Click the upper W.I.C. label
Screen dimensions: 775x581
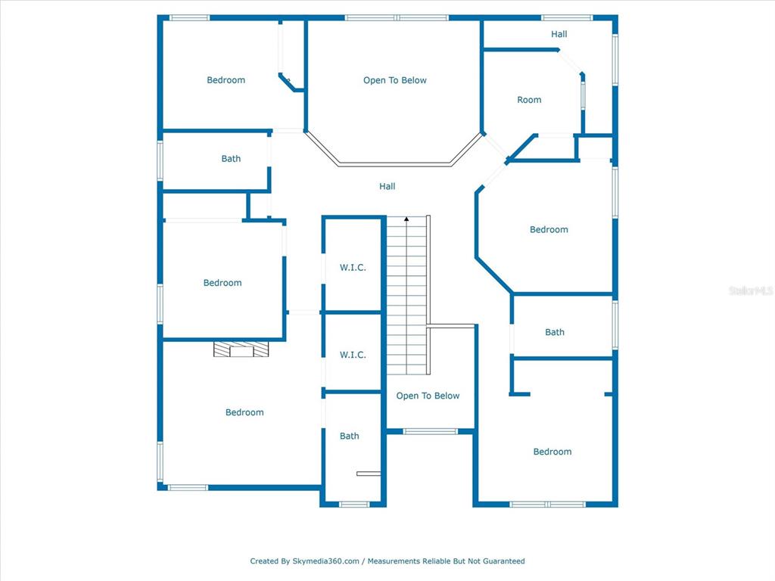coord(353,267)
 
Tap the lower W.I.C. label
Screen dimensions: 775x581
coord(353,355)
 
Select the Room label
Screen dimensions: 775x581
coord(529,100)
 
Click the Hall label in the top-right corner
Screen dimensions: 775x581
coord(559,34)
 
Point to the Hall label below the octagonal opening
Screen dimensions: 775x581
coord(387,186)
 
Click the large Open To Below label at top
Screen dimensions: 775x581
coord(394,80)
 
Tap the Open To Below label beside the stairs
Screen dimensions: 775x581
coord(428,396)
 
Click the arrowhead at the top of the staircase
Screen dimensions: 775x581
coord(406,219)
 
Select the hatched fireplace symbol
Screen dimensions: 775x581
coord(241,349)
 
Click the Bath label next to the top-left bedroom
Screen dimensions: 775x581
coord(231,159)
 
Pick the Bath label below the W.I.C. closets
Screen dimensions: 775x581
coord(350,436)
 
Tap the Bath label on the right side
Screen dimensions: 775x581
coord(555,332)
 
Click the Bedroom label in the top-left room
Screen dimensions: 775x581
coord(226,80)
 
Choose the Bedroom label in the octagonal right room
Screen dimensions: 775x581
coord(549,229)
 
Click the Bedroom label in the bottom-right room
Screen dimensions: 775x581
coord(552,452)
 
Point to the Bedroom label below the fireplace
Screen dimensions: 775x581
coord(244,412)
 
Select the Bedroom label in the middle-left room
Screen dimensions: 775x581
coord(223,283)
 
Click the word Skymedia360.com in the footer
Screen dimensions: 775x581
coord(325,561)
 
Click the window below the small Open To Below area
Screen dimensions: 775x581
coord(430,432)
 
